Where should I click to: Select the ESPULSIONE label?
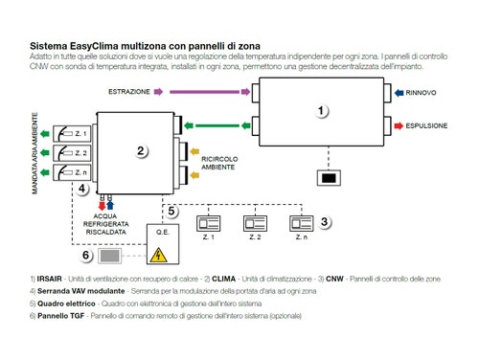[x=430, y=124]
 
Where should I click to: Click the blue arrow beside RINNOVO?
[x=395, y=94]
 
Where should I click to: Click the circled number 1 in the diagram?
[x=322, y=111]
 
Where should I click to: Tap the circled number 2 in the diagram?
[x=141, y=150]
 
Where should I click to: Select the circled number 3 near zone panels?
[x=326, y=221]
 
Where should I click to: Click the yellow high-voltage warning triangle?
[x=152, y=255]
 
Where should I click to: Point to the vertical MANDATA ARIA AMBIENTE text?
[x=35, y=152]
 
